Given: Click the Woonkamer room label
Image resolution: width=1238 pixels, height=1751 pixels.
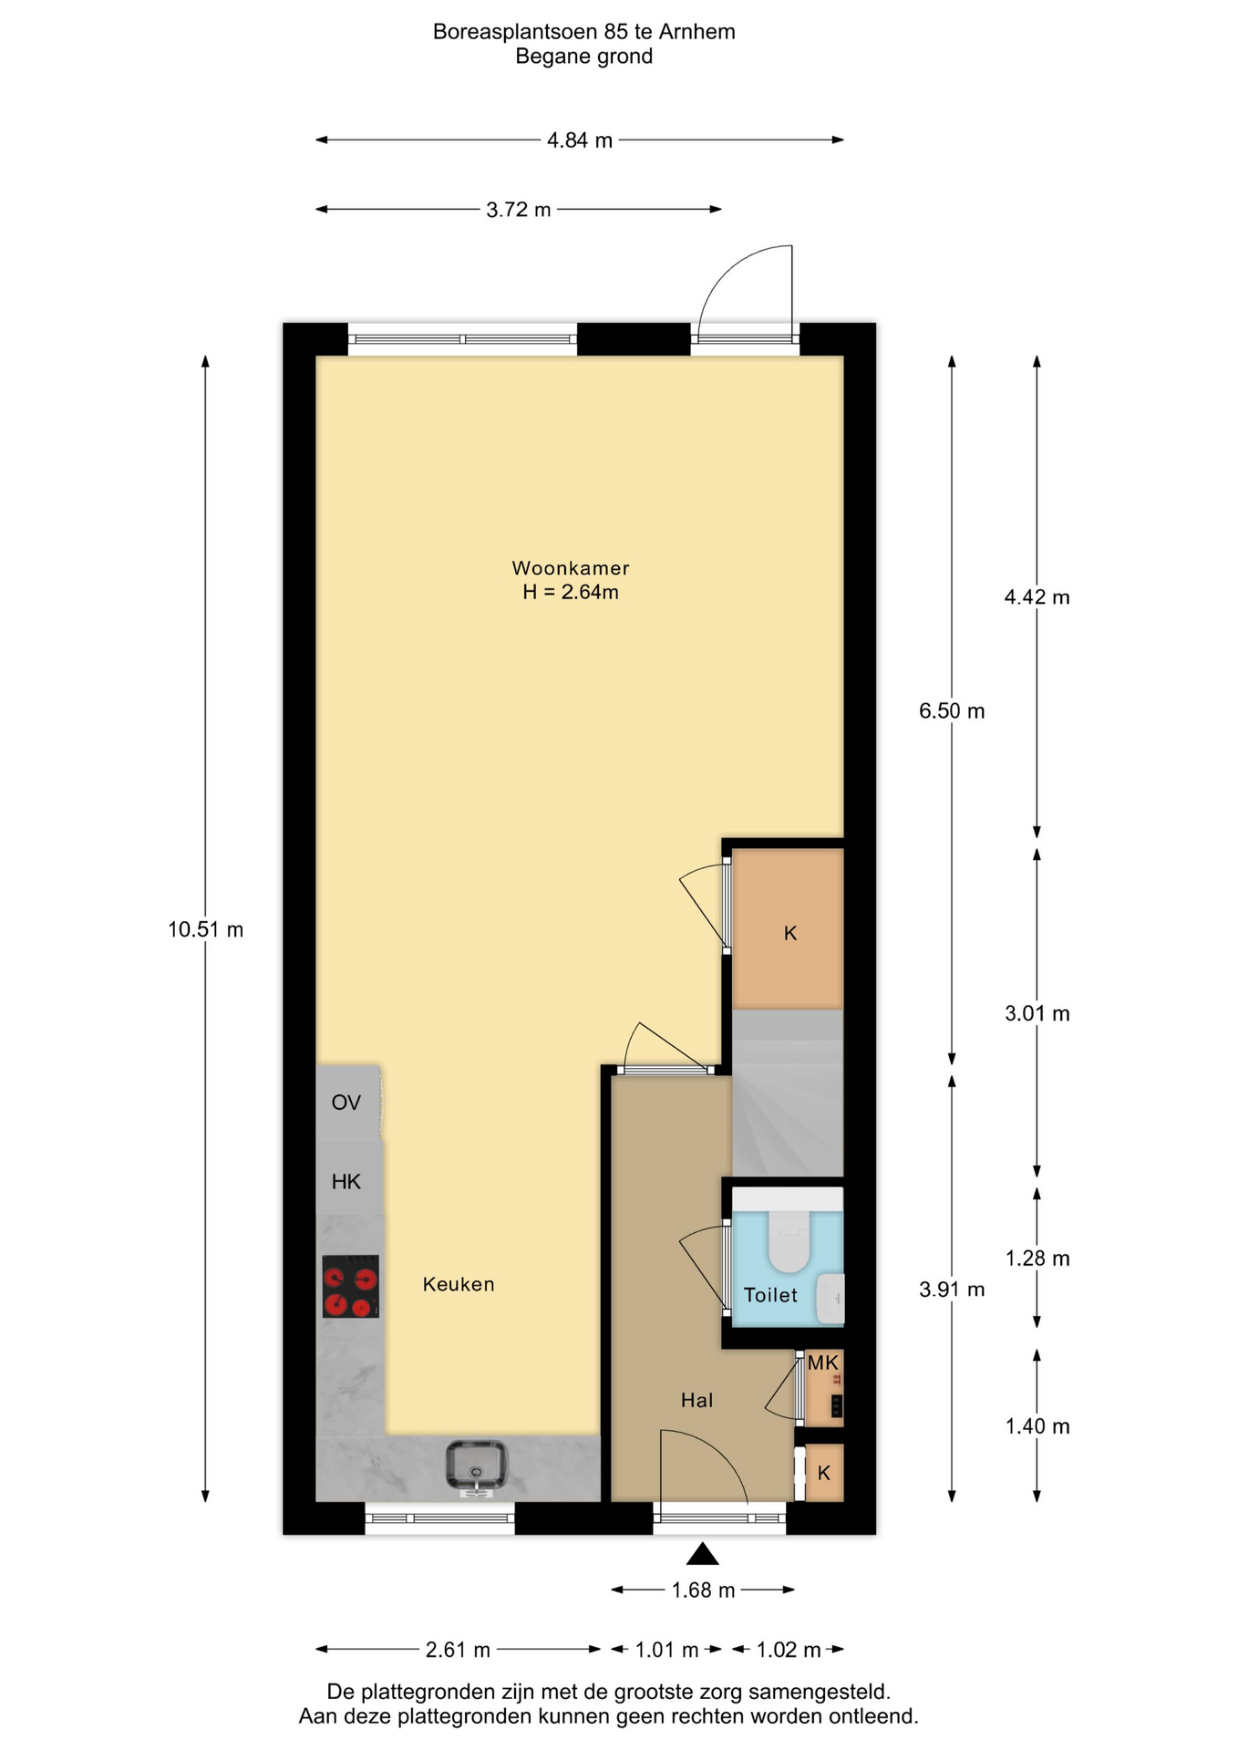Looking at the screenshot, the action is [x=571, y=568].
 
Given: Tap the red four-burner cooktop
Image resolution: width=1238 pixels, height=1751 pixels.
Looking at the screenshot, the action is [x=350, y=1286].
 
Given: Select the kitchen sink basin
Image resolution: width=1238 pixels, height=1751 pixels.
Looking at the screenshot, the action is [x=476, y=1467].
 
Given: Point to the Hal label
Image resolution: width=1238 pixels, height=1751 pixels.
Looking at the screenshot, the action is [x=696, y=1400].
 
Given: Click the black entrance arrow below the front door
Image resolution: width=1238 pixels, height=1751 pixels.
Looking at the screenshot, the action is [x=701, y=1554].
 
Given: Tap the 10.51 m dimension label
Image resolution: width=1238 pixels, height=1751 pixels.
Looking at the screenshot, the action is [x=206, y=930].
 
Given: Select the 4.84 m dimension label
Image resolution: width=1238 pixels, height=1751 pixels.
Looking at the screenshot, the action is [x=580, y=140].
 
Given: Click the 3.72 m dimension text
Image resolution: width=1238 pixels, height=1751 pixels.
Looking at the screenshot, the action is [x=519, y=210].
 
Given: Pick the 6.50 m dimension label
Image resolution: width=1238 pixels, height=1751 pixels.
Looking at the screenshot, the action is [x=952, y=711].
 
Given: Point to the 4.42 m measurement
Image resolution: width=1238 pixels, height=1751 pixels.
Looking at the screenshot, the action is [x=1037, y=597].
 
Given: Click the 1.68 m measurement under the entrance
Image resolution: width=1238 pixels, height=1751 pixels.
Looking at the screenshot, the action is [x=703, y=1590].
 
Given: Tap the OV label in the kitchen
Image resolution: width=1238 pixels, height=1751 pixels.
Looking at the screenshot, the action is [x=346, y=1103].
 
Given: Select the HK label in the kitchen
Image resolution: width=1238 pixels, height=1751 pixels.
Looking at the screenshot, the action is [x=346, y=1182].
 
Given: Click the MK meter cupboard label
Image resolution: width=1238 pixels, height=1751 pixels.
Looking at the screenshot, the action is [x=823, y=1363].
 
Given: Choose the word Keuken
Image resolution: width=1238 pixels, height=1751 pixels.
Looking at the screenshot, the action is [x=459, y=1284].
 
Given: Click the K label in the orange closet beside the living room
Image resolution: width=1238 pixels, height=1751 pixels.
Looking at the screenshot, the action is [x=790, y=933].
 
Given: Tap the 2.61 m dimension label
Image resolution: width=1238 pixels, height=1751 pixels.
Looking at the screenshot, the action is [x=458, y=1650].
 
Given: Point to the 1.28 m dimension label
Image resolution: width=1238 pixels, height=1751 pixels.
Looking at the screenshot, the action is [x=1037, y=1259].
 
